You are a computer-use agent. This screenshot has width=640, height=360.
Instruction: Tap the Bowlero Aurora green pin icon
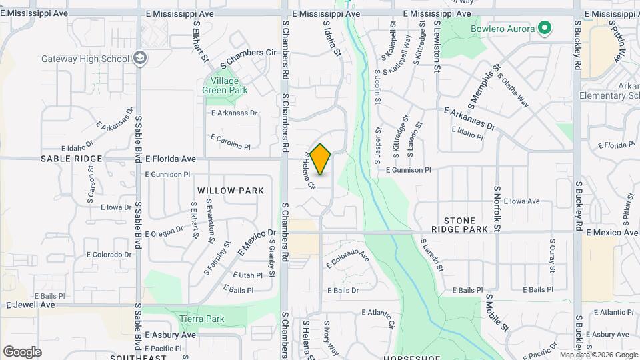[x=545, y=28]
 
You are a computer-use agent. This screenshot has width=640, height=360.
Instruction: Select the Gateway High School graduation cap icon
[x=140, y=59]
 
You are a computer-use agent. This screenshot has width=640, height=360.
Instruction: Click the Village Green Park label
[x=225, y=85]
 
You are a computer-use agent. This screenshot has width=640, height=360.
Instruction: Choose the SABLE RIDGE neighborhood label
[x=71, y=159]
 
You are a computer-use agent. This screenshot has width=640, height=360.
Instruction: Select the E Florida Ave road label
[x=171, y=159]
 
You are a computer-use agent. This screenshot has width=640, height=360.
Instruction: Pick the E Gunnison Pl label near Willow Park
[x=167, y=175]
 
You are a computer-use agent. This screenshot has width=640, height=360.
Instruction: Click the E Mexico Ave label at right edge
[x=612, y=233]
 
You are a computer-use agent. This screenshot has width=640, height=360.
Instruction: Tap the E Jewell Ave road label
[x=31, y=305]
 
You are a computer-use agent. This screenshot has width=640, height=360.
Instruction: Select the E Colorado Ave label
[x=348, y=260]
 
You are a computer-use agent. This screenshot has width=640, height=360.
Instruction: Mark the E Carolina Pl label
[x=230, y=142]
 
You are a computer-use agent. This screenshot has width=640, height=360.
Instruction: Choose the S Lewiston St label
[x=437, y=45]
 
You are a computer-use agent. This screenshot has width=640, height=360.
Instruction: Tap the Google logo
[x=22, y=351]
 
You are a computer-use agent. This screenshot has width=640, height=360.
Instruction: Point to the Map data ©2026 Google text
[x=599, y=355]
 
